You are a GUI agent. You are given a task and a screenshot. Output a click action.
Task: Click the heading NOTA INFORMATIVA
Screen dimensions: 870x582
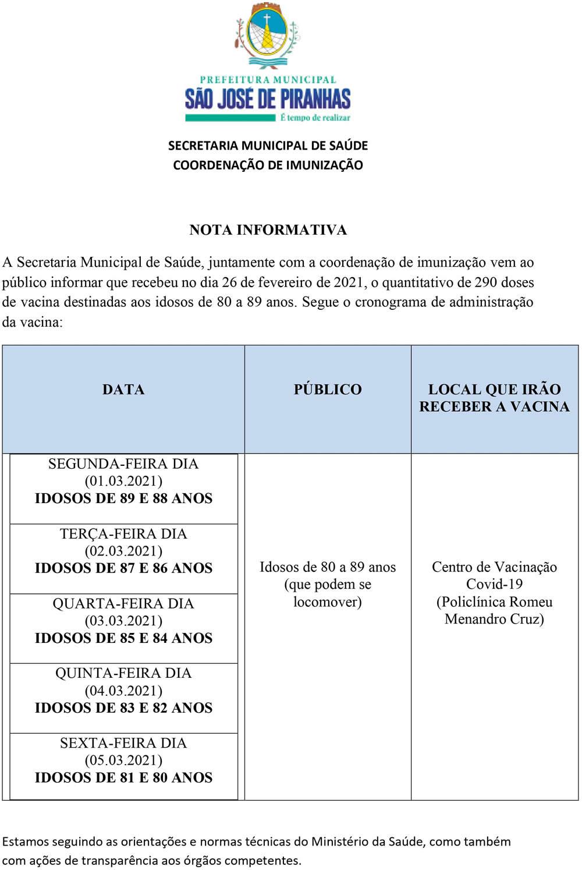[268, 230]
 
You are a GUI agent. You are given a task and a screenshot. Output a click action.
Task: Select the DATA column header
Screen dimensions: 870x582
[123, 390]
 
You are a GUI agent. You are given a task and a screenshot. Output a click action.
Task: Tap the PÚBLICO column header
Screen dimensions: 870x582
[328, 390]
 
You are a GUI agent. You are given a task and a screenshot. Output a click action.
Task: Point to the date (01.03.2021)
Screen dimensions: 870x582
[123, 481]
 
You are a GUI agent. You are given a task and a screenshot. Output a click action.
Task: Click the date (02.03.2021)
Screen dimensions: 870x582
[123, 551]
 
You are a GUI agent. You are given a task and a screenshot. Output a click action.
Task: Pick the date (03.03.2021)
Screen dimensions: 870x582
[123, 621]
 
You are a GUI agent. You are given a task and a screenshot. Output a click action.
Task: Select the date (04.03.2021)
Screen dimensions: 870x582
[123, 691]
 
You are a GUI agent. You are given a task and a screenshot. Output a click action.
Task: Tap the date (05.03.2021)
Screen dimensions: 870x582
[123, 761]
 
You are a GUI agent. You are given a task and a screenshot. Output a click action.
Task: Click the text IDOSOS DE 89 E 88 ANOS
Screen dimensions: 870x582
[123, 498]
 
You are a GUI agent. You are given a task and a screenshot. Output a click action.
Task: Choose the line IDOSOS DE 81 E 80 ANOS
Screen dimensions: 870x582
[123, 778]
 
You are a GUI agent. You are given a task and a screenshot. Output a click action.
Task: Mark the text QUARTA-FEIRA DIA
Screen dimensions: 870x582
[123, 604]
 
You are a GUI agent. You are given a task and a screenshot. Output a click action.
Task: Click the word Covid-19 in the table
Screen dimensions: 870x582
[494, 584]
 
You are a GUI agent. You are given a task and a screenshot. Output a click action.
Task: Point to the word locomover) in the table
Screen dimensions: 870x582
[328, 602]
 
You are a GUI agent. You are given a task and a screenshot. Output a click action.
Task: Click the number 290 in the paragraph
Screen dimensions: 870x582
[486, 282]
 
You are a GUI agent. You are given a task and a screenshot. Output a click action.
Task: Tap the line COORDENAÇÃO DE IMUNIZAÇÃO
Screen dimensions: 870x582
[268, 165]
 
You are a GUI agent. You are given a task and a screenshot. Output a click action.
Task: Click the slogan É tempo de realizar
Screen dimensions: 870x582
[315, 118]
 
